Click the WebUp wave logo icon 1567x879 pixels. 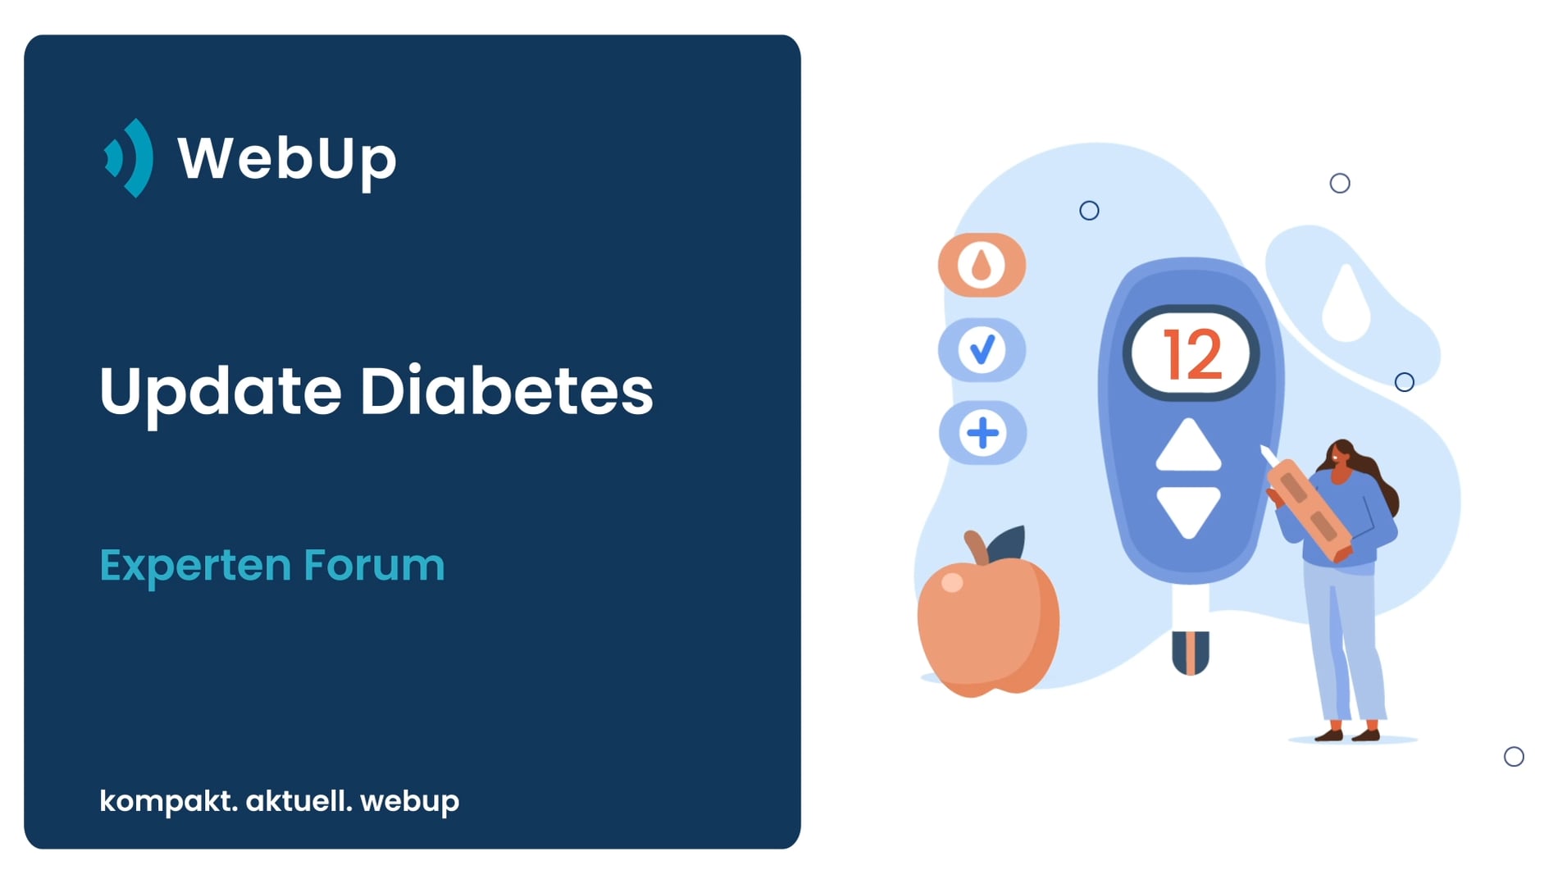click(130, 157)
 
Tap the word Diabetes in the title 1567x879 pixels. click(507, 390)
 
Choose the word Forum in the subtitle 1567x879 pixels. click(374, 564)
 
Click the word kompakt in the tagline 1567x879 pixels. click(168, 801)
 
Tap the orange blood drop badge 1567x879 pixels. click(982, 265)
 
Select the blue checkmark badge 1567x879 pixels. click(982, 350)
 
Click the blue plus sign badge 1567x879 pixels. click(982, 433)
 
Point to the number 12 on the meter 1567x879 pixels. click(1192, 355)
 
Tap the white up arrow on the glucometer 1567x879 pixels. click(1188, 445)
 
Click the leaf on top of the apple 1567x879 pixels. click(1006, 544)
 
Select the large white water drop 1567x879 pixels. click(1346, 303)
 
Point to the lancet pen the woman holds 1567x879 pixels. click(1306, 508)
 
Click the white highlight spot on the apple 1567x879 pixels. click(952, 582)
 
